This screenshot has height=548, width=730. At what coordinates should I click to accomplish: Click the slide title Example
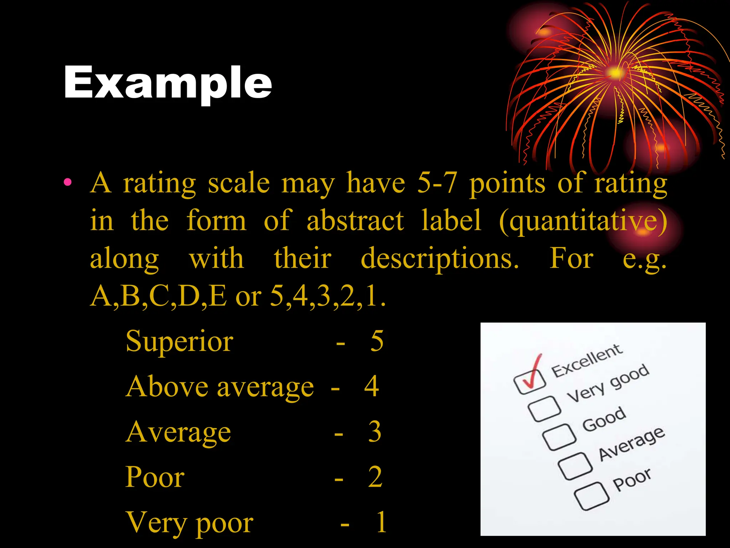click(168, 83)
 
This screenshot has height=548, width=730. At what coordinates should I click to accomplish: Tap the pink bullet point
click(68, 183)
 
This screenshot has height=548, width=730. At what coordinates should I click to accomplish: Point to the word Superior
click(179, 341)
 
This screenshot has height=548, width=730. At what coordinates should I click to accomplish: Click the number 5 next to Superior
click(377, 341)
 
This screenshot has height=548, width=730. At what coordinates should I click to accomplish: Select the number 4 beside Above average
click(371, 386)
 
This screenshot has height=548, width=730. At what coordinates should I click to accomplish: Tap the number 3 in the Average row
click(375, 432)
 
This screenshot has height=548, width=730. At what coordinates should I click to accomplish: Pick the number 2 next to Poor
click(375, 477)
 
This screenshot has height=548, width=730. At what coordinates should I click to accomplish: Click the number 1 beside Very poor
click(381, 522)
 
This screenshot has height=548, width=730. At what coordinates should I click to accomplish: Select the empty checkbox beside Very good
click(544, 409)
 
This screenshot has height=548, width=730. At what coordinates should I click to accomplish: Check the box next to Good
click(559, 437)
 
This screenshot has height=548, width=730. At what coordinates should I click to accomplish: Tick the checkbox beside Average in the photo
click(575, 466)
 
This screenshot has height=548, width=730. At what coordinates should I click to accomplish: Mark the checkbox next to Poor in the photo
click(591, 496)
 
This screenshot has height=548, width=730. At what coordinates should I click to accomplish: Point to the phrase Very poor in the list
click(189, 522)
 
